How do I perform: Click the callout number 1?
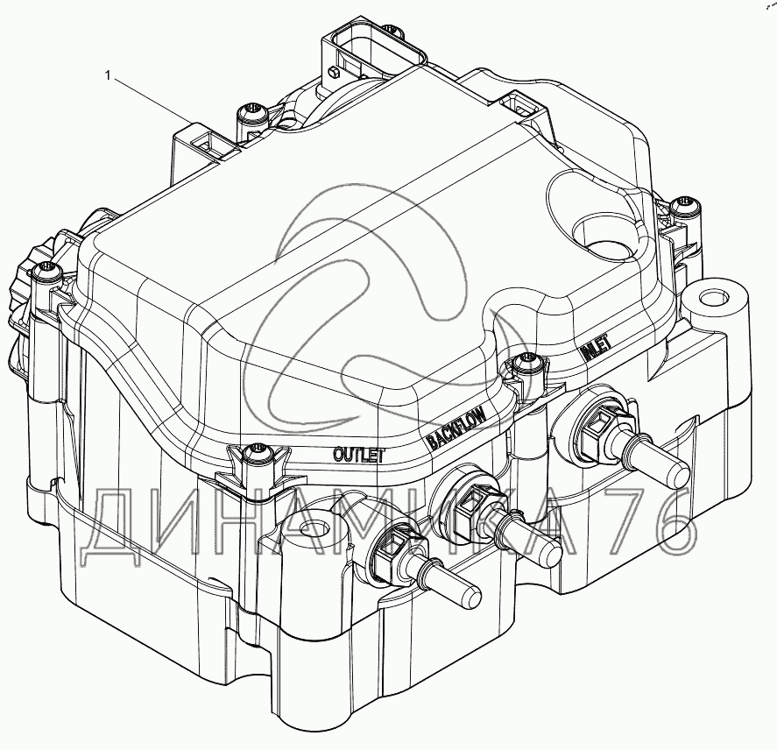pyautogui.click(x=108, y=77)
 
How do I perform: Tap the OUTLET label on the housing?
pyautogui.click(x=358, y=454)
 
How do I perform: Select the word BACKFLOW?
pyautogui.click(x=455, y=427)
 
